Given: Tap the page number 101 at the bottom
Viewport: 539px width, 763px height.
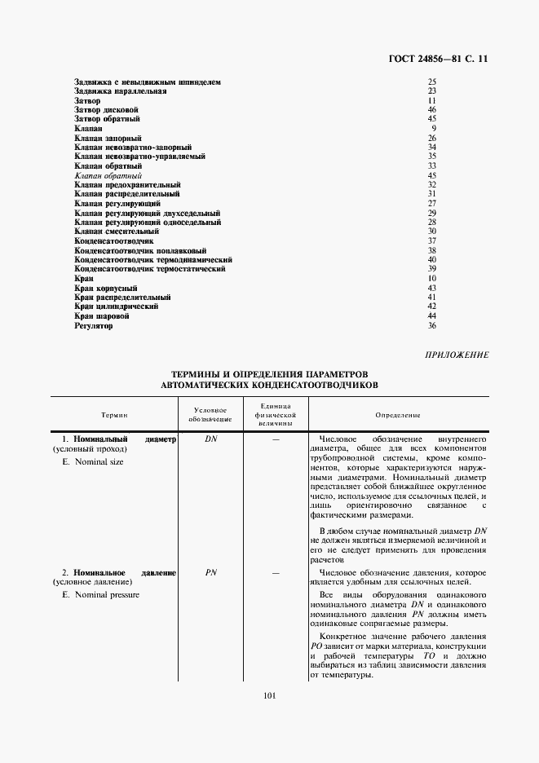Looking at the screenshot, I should (x=270, y=695).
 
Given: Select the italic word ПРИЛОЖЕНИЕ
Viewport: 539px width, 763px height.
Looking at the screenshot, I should (x=457, y=355).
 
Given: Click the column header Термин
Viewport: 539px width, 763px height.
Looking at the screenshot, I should (x=114, y=414).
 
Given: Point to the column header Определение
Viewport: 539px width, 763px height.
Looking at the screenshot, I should (x=398, y=414).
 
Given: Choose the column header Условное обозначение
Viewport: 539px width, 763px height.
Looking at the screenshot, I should (x=210, y=414).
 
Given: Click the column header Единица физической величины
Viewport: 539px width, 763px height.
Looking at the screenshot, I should (x=276, y=414).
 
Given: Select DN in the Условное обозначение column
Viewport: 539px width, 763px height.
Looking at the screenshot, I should (x=210, y=439).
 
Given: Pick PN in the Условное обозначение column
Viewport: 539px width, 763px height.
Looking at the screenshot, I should (x=210, y=573).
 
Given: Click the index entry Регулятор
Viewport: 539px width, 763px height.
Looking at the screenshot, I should (x=93, y=326).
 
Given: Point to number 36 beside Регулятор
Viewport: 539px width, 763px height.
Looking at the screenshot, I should (x=432, y=326).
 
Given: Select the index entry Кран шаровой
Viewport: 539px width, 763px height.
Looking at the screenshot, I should (x=102, y=315).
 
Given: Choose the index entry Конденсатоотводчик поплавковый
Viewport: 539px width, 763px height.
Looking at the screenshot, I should (x=140, y=251).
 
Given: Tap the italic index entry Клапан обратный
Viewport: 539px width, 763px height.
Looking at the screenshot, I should (x=108, y=175).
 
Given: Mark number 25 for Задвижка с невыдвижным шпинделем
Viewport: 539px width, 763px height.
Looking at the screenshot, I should (x=432, y=82).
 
